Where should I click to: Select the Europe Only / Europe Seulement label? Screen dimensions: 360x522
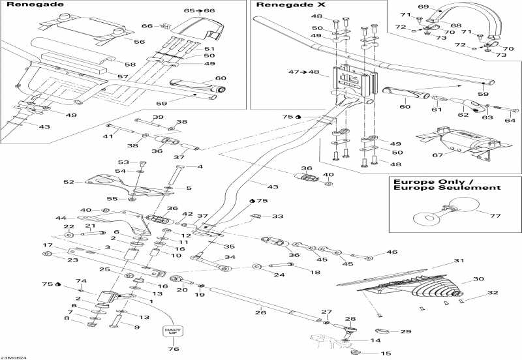[446, 183]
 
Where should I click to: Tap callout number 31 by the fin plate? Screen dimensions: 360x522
[459, 262]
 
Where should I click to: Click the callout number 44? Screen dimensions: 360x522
[61, 218]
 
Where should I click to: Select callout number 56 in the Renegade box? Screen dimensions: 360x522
[139, 42]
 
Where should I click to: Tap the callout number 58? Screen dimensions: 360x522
[130, 64]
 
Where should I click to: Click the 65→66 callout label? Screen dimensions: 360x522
[199, 11]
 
